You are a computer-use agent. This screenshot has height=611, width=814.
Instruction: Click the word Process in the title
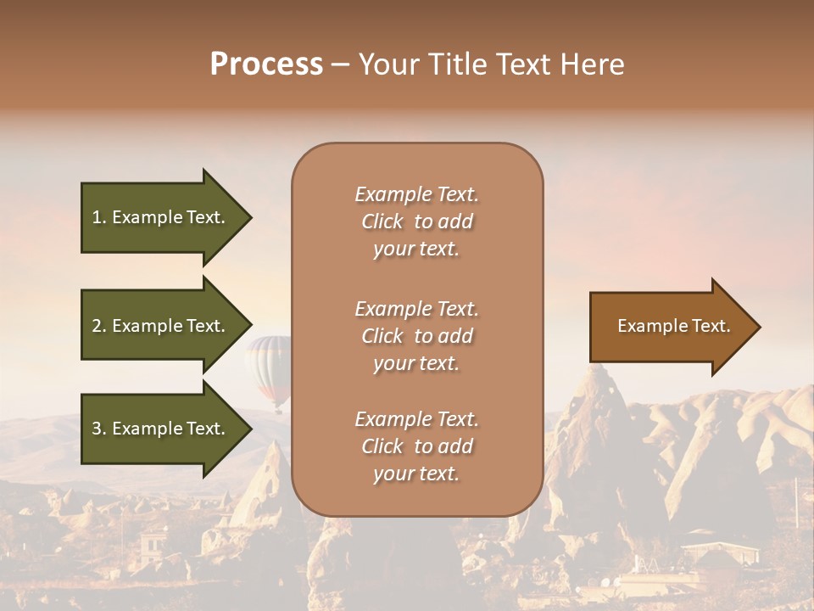pyautogui.click(x=266, y=64)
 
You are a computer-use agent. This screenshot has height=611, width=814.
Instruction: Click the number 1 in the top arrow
pyautogui.click(x=97, y=217)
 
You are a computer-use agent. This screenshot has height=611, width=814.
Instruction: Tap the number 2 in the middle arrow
pyautogui.click(x=98, y=326)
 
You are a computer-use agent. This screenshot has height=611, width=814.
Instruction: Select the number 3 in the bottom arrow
pyautogui.click(x=98, y=429)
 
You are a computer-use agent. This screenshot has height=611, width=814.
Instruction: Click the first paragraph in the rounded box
pyautogui.click(x=416, y=221)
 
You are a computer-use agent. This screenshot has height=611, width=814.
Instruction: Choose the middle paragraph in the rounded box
pyautogui.click(x=416, y=336)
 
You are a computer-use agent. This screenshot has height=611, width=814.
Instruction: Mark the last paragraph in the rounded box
pyautogui.click(x=416, y=446)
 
